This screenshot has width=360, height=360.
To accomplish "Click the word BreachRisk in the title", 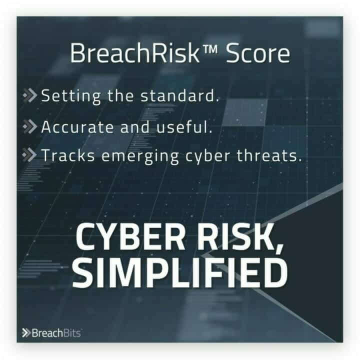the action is click(135, 53).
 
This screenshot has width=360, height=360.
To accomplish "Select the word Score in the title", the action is click(258, 53).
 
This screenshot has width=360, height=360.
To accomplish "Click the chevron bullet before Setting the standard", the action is click(30, 95).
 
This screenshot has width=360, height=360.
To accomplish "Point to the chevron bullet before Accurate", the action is click(30, 126).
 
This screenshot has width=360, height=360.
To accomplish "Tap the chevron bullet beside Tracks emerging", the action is click(29, 154).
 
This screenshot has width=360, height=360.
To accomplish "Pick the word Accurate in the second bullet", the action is click(77, 126).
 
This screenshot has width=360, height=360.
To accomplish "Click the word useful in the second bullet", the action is click(184, 126).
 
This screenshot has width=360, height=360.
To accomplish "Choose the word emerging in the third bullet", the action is click(140, 156).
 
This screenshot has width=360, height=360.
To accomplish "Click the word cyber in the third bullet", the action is click(207, 156).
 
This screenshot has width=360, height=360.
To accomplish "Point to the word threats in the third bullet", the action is click(269, 155).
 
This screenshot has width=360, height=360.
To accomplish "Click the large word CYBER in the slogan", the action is click(130, 236).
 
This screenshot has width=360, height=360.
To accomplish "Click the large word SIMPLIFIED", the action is click(180, 273).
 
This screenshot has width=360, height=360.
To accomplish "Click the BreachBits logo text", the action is click(56, 333).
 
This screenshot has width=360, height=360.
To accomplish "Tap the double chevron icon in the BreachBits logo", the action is click(26, 333).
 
